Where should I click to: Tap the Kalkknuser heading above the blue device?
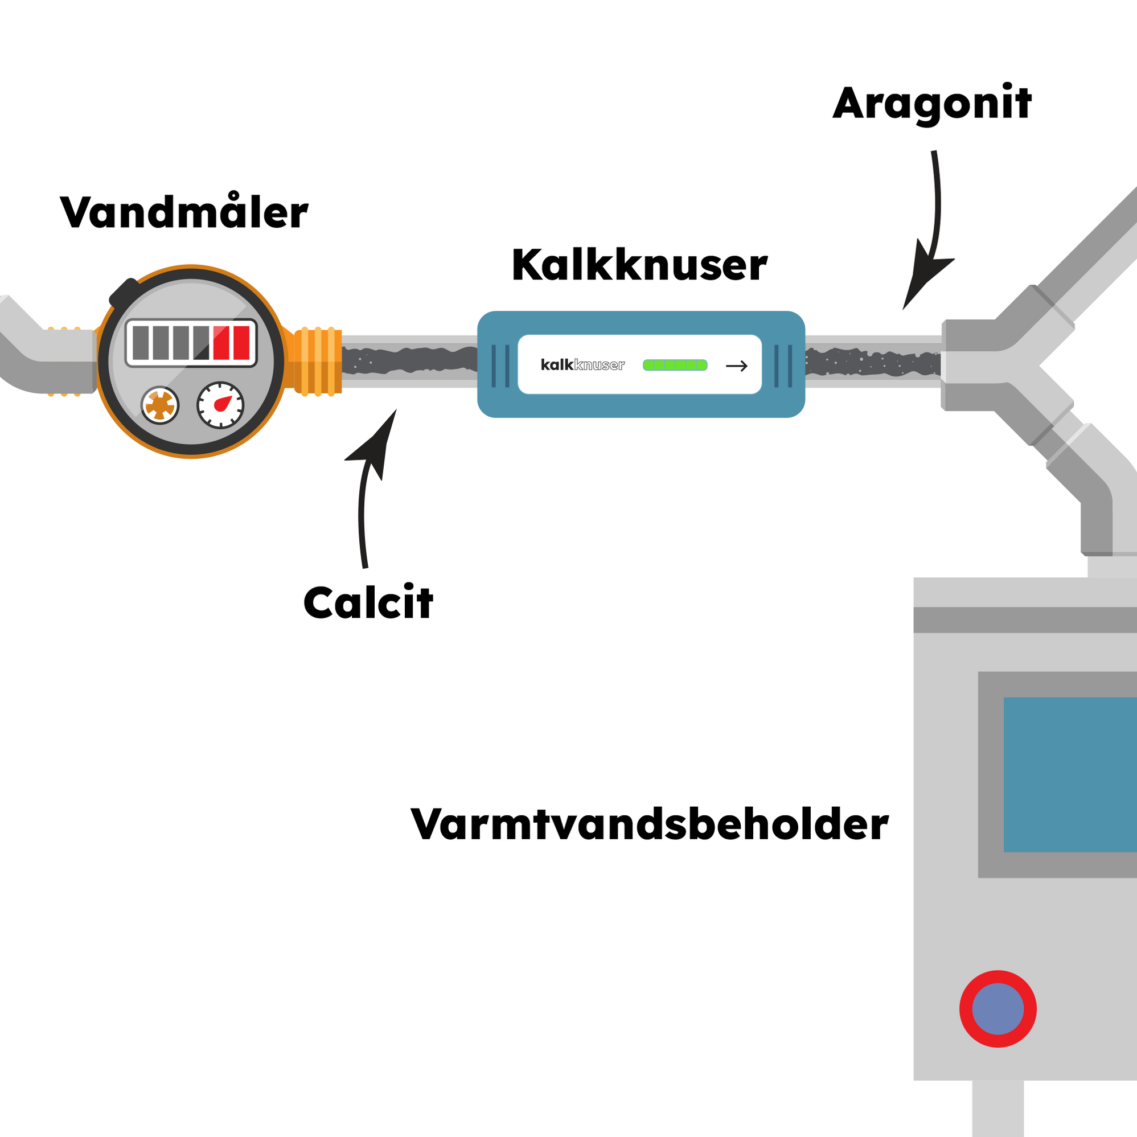[x=639, y=266]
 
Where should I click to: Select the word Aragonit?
[x=931, y=104]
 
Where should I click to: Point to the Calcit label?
[x=368, y=603]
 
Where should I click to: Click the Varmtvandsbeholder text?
[x=649, y=824]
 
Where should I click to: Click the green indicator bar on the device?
[x=675, y=366]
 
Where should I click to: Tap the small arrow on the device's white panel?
[x=736, y=366]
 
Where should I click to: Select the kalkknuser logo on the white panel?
[x=582, y=365]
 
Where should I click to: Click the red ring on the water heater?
[x=998, y=1009]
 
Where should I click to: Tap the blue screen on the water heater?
[x=1070, y=774]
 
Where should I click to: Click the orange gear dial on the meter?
[x=159, y=405]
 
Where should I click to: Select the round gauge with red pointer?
[x=220, y=405]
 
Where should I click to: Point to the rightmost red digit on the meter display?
[x=241, y=343]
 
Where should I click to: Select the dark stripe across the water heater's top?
[x=1024, y=619]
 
